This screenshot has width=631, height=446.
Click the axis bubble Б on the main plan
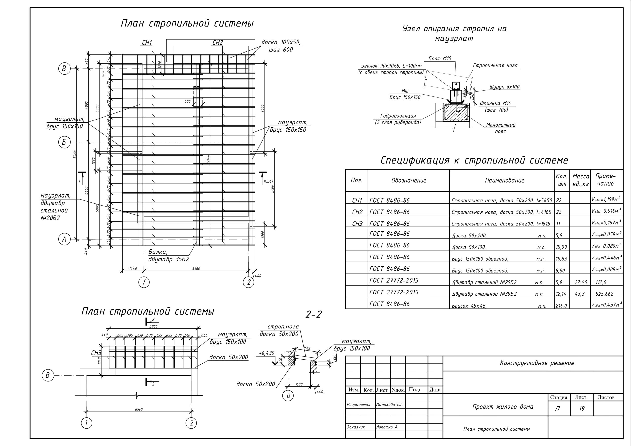[64, 142]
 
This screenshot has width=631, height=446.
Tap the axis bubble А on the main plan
[64, 239]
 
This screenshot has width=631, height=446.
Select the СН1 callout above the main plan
[147, 43]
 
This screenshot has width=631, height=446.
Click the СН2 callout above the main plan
[218, 43]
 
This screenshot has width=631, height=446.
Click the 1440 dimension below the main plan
[133, 269]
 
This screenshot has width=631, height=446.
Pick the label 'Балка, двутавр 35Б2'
[168, 256]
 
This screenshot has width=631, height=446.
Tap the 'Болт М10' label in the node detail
[440, 59]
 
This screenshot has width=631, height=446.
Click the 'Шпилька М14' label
[495, 103]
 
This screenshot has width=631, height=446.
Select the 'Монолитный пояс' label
[501, 128]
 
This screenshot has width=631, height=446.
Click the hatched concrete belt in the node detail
[456, 113]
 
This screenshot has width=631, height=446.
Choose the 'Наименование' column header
[504, 181]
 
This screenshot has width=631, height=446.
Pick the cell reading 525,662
[604, 294]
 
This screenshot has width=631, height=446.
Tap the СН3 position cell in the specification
[357, 224]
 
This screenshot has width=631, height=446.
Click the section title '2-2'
[314, 315]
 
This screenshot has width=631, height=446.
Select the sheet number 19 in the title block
[582, 409]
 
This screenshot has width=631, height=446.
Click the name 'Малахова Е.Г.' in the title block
[390, 405]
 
